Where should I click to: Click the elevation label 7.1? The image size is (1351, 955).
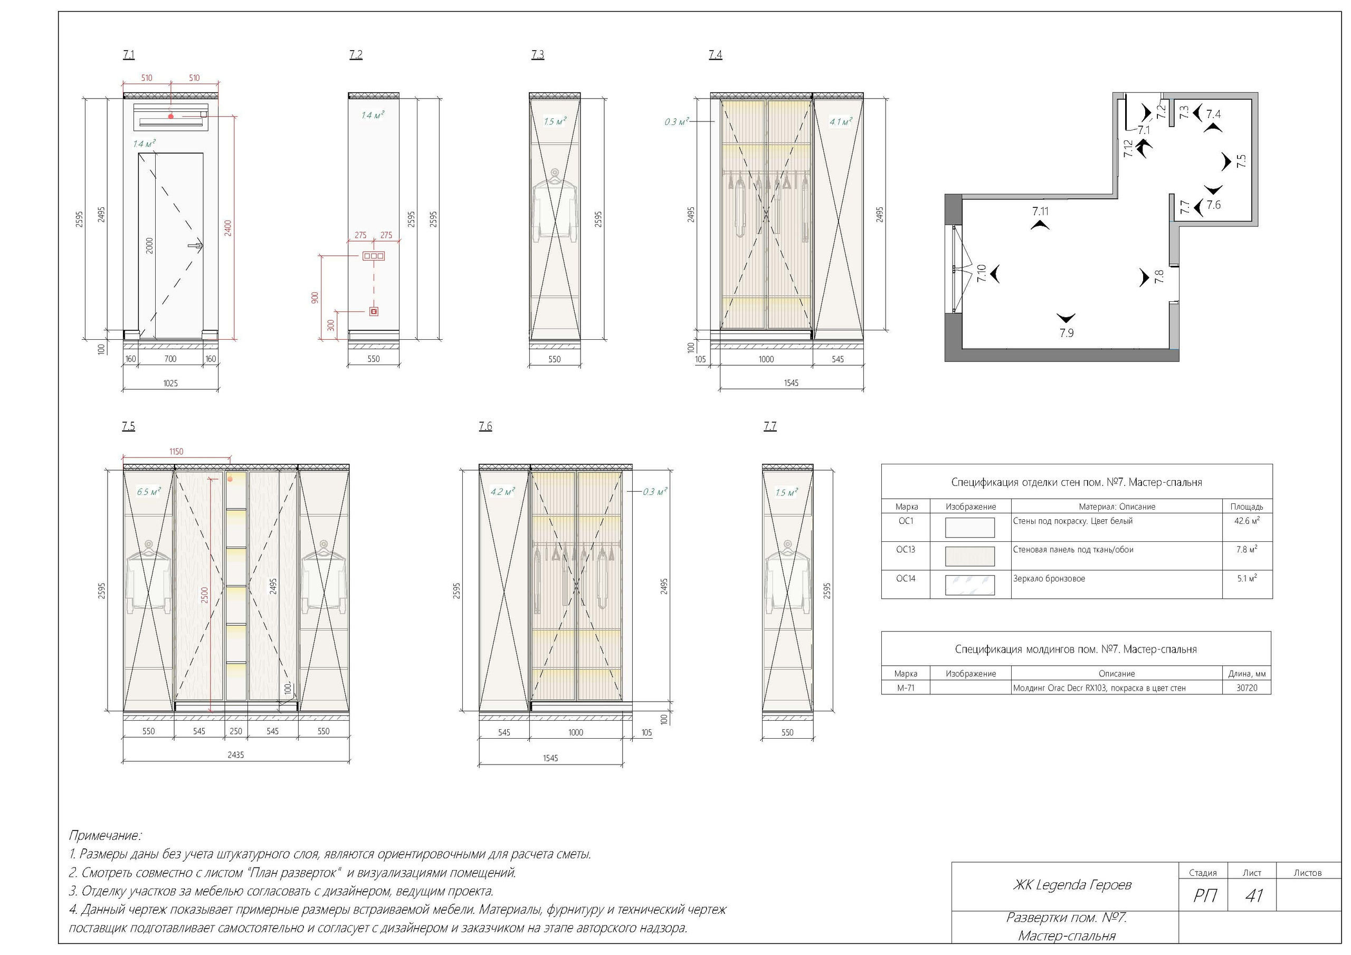pos(128,55)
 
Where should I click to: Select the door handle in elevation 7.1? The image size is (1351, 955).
pos(195,246)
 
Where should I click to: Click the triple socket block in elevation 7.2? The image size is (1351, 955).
pos(374,256)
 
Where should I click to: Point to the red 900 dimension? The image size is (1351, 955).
pos(316,298)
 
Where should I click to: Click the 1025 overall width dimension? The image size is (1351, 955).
pos(170,383)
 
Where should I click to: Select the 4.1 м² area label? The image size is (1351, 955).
pos(840,122)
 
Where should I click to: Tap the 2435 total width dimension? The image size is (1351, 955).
pos(235,755)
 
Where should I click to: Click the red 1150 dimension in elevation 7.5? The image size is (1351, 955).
pos(176,452)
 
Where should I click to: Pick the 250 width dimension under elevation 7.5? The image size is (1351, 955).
pos(235,731)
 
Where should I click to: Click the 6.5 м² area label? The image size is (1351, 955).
pos(148,491)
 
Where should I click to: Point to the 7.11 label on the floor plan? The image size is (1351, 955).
pos(1040,211)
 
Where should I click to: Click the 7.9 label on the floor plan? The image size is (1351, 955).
pos(1066,333)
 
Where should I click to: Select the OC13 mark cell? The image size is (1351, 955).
pos(906,550)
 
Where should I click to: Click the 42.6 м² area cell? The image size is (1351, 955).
pos(1247,521)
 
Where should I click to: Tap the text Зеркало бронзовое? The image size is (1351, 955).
pos(1049,578)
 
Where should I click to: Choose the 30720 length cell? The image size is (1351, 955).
pos(1247,688)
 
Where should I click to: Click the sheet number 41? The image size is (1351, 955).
pos(1254,895)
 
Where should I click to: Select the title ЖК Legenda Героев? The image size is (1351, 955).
pos(1071,885)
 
